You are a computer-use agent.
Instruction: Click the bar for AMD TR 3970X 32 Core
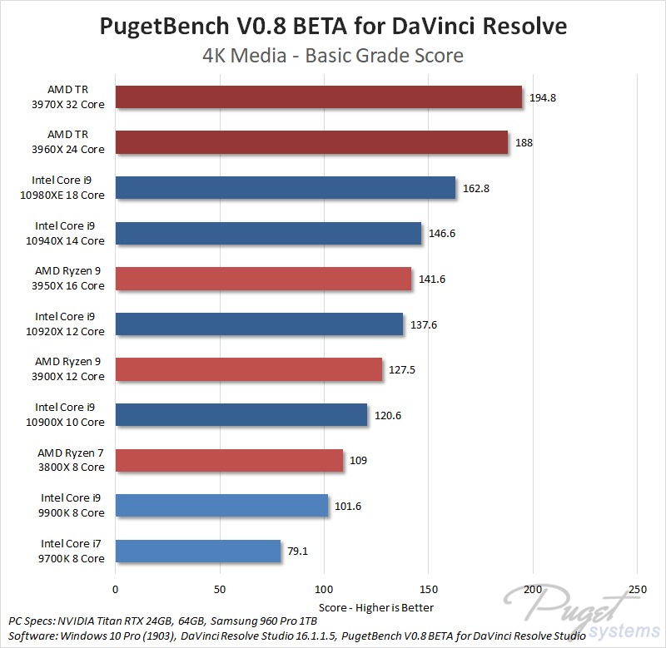[318, 96]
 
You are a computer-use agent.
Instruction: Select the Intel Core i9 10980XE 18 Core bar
[286, 188]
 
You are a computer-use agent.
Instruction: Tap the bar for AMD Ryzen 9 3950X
[263, 279]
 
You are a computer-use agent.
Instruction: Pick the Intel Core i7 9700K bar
[198, 551]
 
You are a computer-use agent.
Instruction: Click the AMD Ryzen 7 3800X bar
[229, 460]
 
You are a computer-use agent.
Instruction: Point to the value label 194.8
[542, 97]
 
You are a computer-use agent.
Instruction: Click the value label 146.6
[442, 234]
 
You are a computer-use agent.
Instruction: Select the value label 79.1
[301, 552]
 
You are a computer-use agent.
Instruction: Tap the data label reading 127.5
[402, 370]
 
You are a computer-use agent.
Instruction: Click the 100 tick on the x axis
[324, 589]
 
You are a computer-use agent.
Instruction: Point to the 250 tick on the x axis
[637, 589]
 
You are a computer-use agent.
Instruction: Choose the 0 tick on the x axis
[116, 589]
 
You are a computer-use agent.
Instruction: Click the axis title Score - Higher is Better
[375, 607]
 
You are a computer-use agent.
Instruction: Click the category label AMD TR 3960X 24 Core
[76, 141]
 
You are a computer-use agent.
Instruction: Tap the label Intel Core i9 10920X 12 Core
[70, 324]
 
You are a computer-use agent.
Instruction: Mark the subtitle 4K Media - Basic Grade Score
[333, 56]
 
